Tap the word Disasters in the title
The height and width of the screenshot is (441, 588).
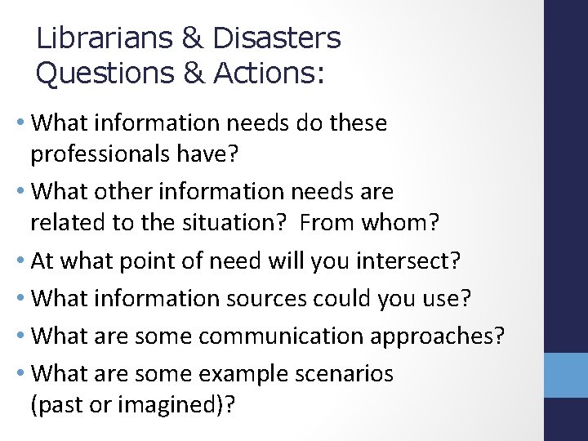point(276,38)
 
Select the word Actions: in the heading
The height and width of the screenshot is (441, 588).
point(269,73)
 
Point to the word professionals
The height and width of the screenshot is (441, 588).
point(103,154)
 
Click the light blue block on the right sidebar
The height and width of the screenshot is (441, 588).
point(566,373)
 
